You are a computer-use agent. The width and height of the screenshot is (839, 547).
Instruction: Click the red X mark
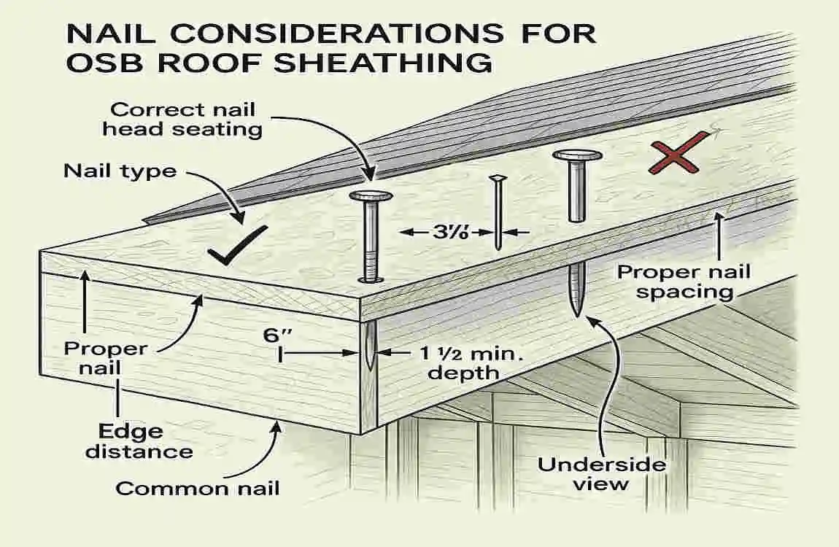point(678,154)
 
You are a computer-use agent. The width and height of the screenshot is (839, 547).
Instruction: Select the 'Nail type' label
point(120,171)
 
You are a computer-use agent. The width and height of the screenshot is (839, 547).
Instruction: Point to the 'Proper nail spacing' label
point(684,282)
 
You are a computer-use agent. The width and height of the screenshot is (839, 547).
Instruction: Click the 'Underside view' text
point(592,474)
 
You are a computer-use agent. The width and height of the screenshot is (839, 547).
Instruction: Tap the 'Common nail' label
point(198,488)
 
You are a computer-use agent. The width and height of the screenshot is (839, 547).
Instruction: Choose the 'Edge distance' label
point(139,441)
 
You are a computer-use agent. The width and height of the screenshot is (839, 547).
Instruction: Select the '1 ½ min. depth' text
point(453,362)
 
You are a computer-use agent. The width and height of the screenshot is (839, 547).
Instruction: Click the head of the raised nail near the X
point(577,155)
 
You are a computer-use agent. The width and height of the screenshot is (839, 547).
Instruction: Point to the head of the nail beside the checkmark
point(371,196)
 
